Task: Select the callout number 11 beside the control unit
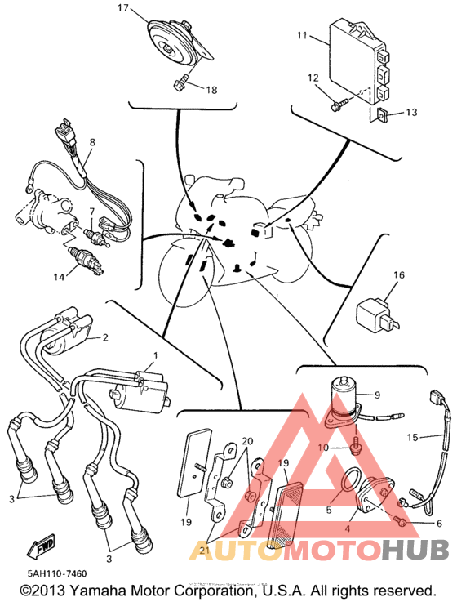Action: [302, 35]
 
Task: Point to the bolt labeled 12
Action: [339, 104]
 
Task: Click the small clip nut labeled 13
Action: [382, 114]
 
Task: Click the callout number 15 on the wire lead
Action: [412, 437]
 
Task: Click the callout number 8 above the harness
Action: [92, 142]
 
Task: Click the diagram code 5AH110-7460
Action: [57, 573]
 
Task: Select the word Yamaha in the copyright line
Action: [101, 591]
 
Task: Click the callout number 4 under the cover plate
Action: [348, 529]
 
